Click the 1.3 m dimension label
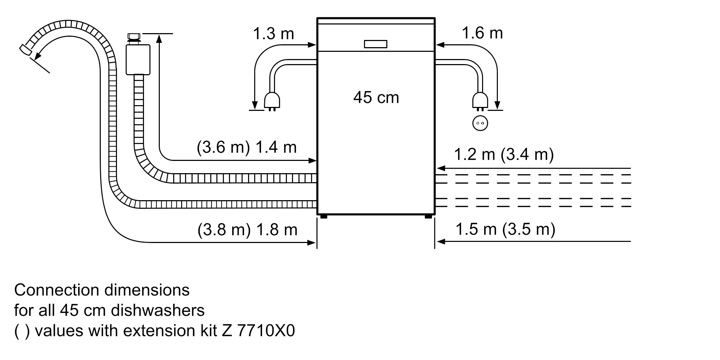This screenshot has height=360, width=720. coord(273,34)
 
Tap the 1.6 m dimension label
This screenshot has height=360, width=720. coord(482,33)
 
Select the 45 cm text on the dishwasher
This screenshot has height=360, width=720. coord(376,98)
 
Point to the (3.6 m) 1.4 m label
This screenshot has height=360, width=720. coord(247,147)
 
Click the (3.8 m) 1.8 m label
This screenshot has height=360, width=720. coord(247,230)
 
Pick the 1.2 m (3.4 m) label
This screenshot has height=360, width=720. coord(504,154)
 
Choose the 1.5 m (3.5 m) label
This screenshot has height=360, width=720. coord(505,229)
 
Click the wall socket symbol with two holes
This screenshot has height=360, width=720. coord(480,123)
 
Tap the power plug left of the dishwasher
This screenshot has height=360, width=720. coord(272,100)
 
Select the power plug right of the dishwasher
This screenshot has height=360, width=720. coord(480,100)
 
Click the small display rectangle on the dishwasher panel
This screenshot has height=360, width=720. coord(375,44)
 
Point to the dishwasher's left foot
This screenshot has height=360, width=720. coord(323,217)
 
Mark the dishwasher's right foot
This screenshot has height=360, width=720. coord(428,217)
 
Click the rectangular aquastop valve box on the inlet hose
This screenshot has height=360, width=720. coord(138,60)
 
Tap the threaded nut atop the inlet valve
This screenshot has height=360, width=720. coord(134,37)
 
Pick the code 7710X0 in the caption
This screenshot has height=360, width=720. coord(266,331)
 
